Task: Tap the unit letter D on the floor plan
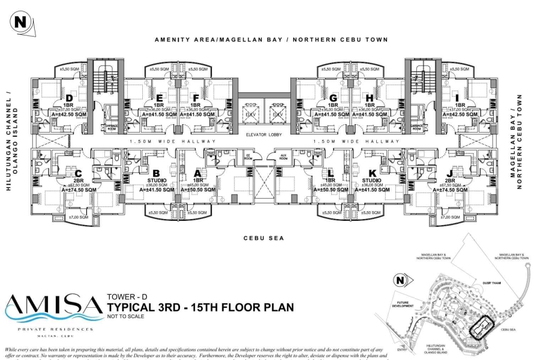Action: point(70,98)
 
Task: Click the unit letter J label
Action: point(450,175)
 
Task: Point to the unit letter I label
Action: point(458,98)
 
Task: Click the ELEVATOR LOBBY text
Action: point(263,134)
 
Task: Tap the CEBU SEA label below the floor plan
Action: point(263,238)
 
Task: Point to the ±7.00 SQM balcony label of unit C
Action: point(78,217)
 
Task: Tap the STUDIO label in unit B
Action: point(156,179)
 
